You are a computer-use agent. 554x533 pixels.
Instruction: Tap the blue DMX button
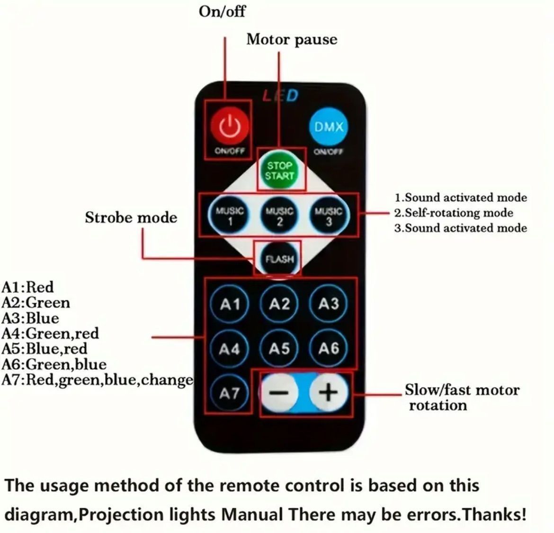[x=329, y=126]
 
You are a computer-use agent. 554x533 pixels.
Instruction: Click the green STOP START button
[x=280, y=171]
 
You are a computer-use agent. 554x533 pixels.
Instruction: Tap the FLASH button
[x=279, y=259]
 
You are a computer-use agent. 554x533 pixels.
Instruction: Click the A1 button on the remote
[x=230, y=304]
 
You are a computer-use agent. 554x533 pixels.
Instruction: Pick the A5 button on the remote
[x=279, y=349]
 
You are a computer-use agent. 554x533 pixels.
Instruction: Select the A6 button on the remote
[x=329, y=349]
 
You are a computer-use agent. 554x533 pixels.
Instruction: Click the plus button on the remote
[x=329, y=392]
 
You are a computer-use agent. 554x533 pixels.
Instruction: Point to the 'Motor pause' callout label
[x=292, y=40]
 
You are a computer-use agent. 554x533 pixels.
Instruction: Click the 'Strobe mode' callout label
[x=131, y=217]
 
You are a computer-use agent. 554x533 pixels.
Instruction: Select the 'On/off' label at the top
[x=222, y=11]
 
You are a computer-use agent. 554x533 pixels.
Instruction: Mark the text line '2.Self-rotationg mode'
[x=454, y=213]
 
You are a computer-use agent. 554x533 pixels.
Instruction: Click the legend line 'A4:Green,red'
[x=50, y=333]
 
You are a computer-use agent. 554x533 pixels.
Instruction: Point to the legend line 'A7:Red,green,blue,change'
[x=98, y=380]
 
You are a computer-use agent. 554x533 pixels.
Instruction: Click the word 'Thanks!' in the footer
[x=495, y=514]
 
